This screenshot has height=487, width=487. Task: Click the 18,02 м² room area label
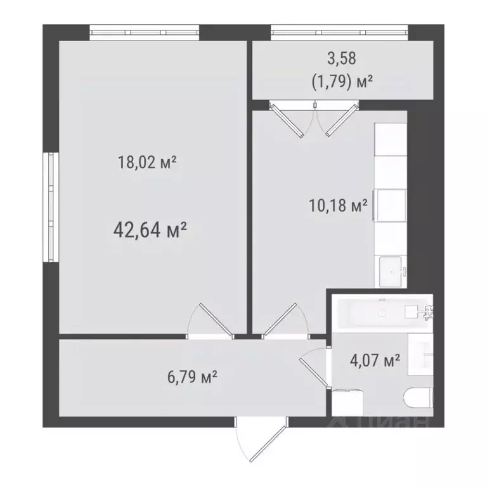coord(146,162)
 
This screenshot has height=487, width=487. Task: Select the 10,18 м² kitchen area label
coord(337,207)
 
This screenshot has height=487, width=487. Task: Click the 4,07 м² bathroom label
coord(374,361)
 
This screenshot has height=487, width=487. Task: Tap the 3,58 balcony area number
coord(341,59)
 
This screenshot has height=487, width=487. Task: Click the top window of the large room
coord(144,32)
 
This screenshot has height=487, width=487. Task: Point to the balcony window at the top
coord(339,32)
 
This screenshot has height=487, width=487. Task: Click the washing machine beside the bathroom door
coord(346,400)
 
